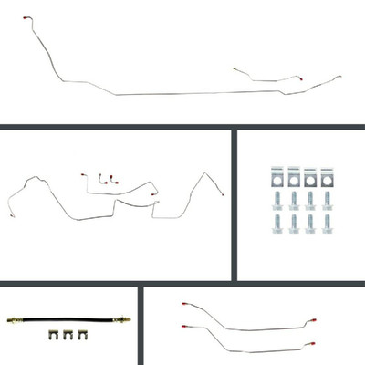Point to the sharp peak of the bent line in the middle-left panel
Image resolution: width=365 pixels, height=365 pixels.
pyautogui.click(x=198, y=173)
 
